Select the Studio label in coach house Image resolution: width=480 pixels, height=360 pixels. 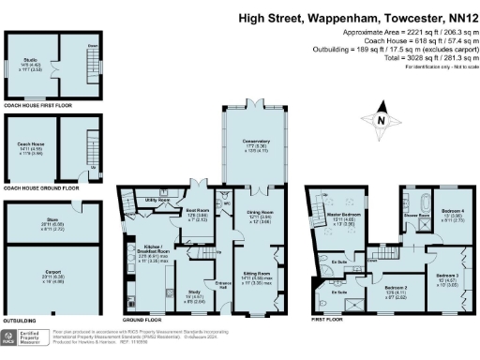pyautogui.click(x=30, y=61)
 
